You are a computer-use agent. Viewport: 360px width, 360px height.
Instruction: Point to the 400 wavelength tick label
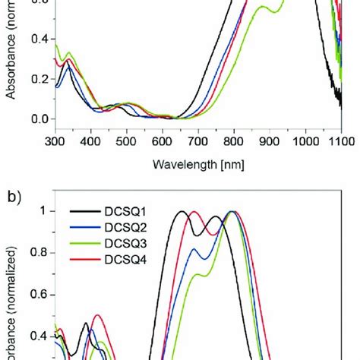pyautogui.click(x=90, y=140)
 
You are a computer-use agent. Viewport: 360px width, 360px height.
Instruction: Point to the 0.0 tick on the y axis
pyautogui.click(x=39, y=119)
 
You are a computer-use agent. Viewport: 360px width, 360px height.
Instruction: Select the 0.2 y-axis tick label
pyautogui.click(x=39, y=79)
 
